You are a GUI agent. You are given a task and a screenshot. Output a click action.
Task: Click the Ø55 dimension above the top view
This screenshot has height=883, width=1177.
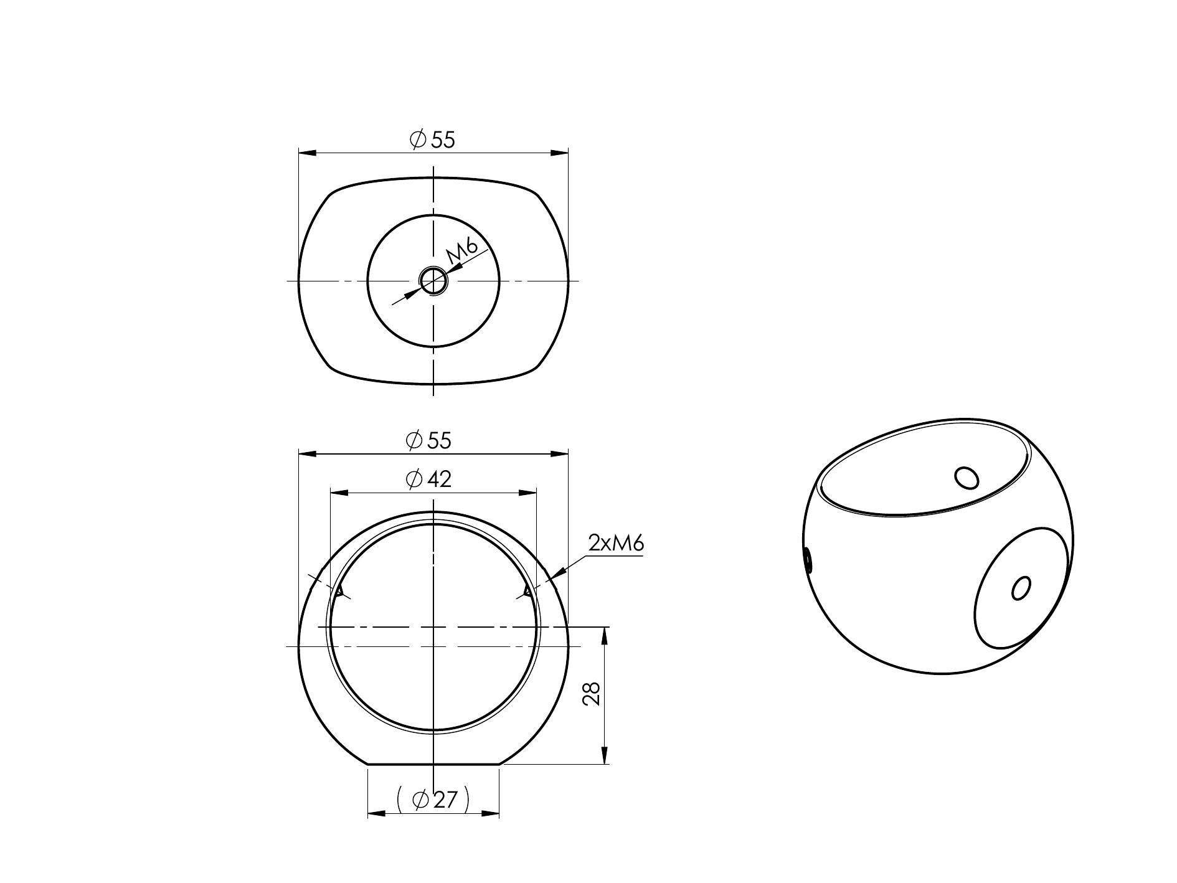pyautogui.click(x=432, y=139)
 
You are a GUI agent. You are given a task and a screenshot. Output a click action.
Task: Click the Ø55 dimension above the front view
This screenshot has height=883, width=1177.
pyautogui.click(x=428, y=440)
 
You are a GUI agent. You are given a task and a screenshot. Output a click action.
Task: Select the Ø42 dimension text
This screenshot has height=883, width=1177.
pyautogui.click(x=428, y=479)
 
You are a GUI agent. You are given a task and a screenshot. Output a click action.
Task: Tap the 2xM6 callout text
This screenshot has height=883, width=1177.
pyautogui.click(x=615, y=543)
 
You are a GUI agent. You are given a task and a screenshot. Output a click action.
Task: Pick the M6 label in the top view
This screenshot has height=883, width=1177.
pyautogui.click(x=461, y=251)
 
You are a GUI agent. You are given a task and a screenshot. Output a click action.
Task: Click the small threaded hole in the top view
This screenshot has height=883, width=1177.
pyautogui.click(x=433, y=281)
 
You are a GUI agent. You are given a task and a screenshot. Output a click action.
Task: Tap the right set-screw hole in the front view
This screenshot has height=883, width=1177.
pyautogui.click(x=529, y=591)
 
